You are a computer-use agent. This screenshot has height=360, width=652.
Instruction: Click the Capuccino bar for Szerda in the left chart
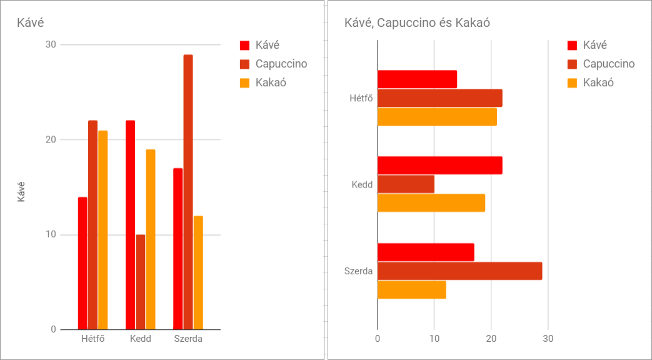tap(188, 192)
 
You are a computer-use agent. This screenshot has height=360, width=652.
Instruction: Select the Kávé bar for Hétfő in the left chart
tap(83, 263)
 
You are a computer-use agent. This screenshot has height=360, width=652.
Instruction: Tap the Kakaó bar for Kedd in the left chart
tap(151, 239)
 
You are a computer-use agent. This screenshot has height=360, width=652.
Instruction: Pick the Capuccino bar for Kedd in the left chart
tap(140, 282)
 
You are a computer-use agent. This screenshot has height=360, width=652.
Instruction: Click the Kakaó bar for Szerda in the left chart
tap(198, 272)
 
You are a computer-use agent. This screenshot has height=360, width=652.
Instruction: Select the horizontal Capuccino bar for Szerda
tap(459, 271)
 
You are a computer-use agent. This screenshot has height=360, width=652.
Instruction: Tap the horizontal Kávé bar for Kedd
tap(439, 166)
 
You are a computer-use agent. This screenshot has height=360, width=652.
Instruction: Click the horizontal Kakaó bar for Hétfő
tap(437, 117)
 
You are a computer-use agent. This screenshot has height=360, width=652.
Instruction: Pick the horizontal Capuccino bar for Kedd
tap(406, 184)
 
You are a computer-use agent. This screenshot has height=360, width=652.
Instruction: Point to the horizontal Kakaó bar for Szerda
tap(411, 290)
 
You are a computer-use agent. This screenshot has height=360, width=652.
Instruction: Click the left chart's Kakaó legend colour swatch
tap(245, 82)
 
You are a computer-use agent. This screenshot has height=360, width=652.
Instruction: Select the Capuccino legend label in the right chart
tap(608, 64)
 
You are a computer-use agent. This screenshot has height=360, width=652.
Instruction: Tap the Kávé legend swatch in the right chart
tap(573, 45)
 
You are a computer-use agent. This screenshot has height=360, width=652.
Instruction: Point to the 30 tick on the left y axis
tap(50, 45)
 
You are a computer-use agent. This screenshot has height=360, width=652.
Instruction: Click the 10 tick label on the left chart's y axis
tap(50, 235)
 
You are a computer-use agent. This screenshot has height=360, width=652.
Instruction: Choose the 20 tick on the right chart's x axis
tap(491, 339)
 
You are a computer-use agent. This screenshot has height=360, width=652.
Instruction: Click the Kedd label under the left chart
tap(141, 339)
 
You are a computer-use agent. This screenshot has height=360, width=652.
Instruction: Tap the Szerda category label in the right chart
tap(358, 271)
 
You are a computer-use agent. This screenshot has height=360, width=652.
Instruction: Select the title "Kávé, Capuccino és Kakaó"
tap(417, 22)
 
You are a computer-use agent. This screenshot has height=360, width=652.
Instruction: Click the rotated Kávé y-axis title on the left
tap(21, 191)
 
